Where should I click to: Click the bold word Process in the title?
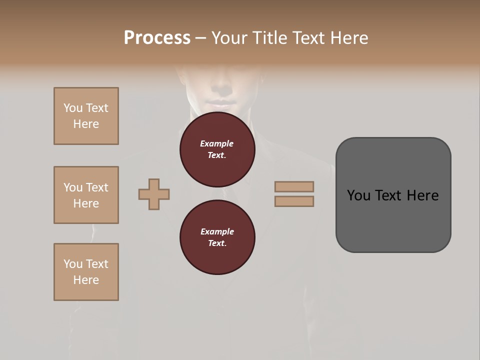click(157, 38)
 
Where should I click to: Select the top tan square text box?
click(86, 116)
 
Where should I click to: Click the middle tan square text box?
click(86, 195)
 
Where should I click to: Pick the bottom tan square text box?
click(86, 272)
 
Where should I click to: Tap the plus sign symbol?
click(154, 194)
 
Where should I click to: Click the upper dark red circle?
click(217, 149)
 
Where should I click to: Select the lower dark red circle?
click(217, 237)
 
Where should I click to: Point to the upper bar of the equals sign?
click(294, 186)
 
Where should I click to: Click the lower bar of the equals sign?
click(294, 201)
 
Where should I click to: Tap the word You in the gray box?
click(358, 195)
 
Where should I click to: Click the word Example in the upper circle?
click(216, 143)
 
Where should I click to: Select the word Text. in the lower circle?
click(217, 243)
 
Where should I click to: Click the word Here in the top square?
click(86, 124)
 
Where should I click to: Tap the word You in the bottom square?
click(73, 264)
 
